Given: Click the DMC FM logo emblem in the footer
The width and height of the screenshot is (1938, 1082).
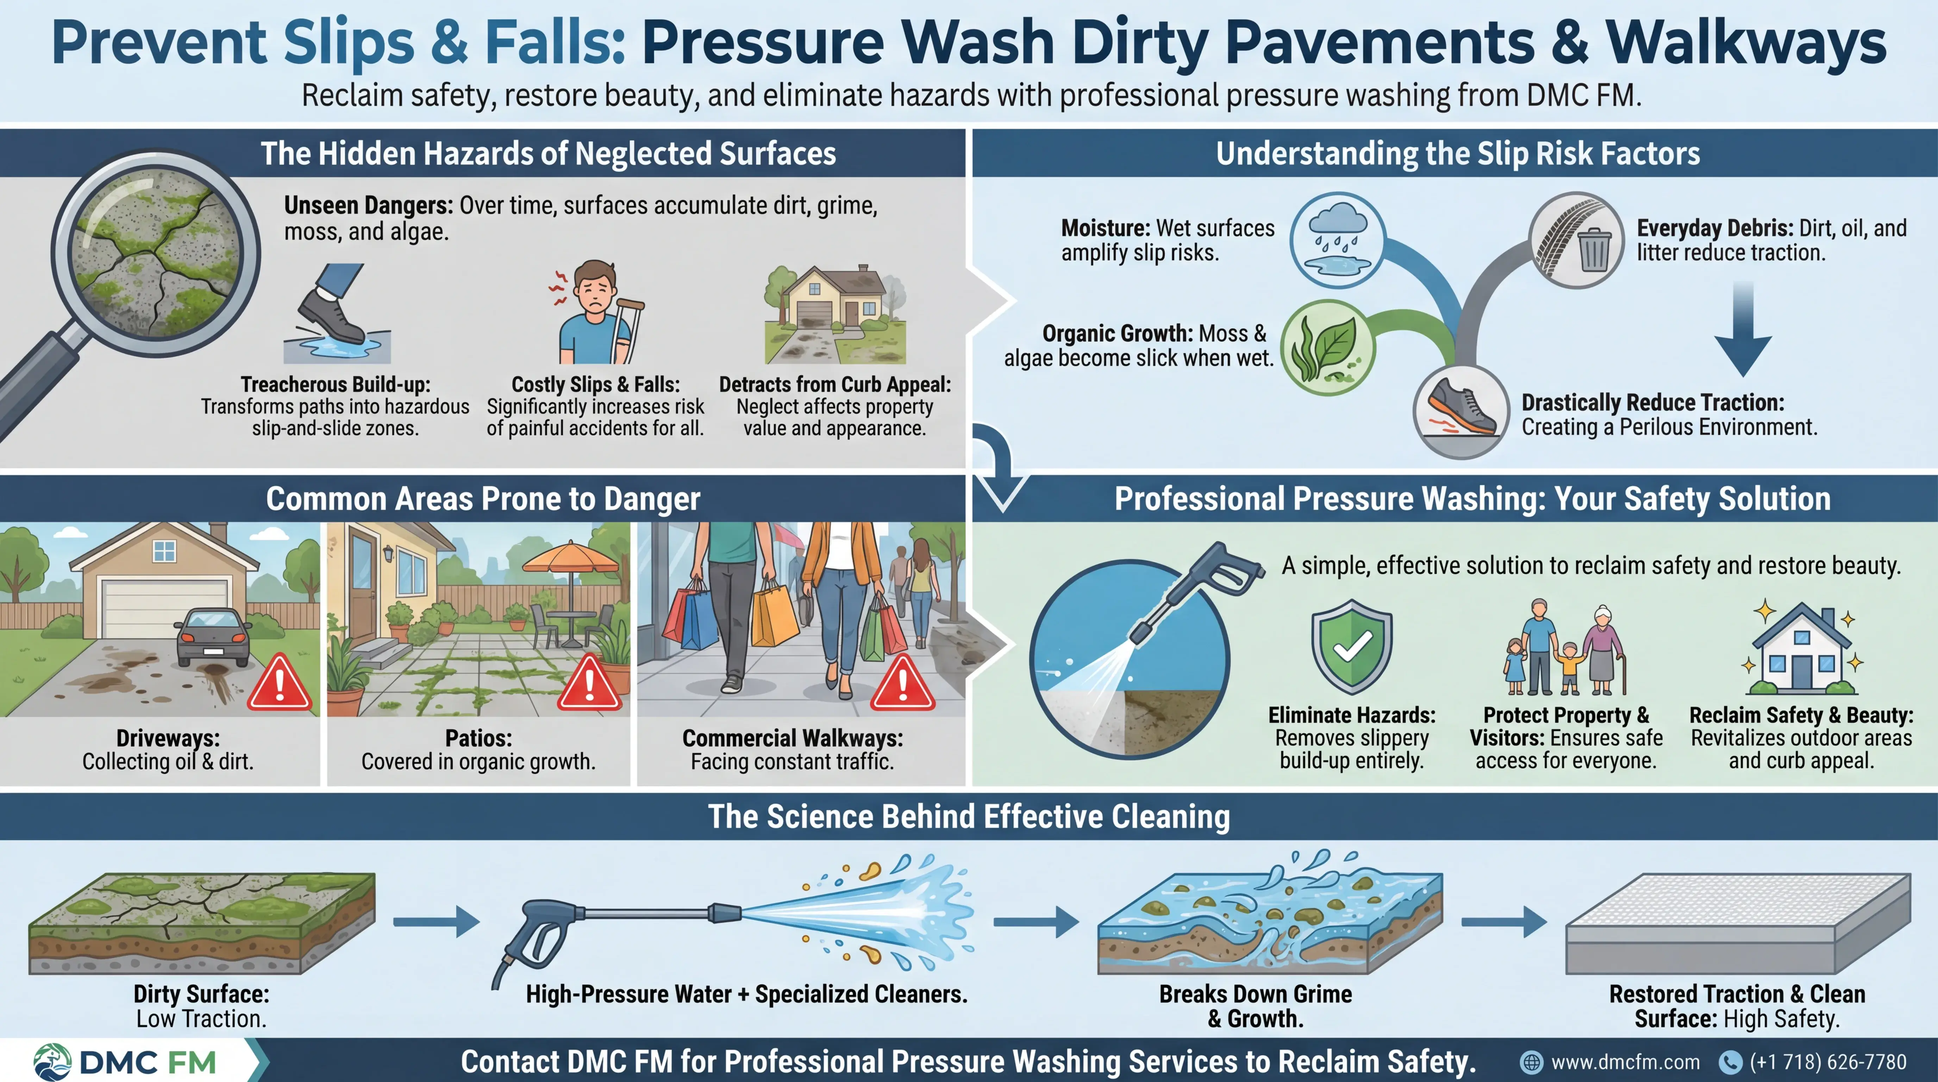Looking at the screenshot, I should (53, 1062).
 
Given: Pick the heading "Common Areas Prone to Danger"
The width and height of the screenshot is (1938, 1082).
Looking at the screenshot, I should (483, 499).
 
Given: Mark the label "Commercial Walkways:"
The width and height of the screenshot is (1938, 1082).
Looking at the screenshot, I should (792, 738).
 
